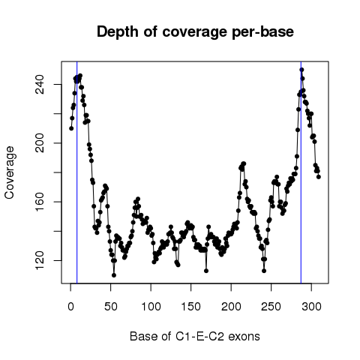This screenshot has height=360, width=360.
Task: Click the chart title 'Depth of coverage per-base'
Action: click(195, 31)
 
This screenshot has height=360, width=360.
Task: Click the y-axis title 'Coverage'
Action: click(9, 172)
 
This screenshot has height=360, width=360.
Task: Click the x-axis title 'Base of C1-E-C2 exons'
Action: click(195, 336)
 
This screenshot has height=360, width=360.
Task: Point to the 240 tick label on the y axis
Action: click(40, 85)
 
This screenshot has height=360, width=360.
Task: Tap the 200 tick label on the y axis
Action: click(40, 143)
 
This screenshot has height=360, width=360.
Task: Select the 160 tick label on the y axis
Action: click(40, 202)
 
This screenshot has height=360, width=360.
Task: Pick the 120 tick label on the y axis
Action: click(40, 260)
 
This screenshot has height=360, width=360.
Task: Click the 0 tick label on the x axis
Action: click(70, 307)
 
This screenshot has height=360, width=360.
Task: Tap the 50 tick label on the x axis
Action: click(111, 307)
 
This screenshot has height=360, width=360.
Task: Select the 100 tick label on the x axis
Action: click(151, 307)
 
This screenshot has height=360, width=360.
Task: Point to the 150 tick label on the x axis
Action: click(191, 307)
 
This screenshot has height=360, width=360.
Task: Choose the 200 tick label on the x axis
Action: click(231, 307)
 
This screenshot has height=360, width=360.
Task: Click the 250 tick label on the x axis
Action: click(271, 307)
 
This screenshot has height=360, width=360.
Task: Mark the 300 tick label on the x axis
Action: click(311, 307)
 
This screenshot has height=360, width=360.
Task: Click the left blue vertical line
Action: click(77, 172)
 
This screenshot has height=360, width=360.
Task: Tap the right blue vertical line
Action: click(301, 172)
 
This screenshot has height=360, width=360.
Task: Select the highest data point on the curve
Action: click(301, 70)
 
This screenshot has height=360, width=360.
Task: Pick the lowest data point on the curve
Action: click(114, 275)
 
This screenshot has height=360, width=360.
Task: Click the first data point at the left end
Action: click(71, 128)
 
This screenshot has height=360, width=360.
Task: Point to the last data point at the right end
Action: click(319, 177)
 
